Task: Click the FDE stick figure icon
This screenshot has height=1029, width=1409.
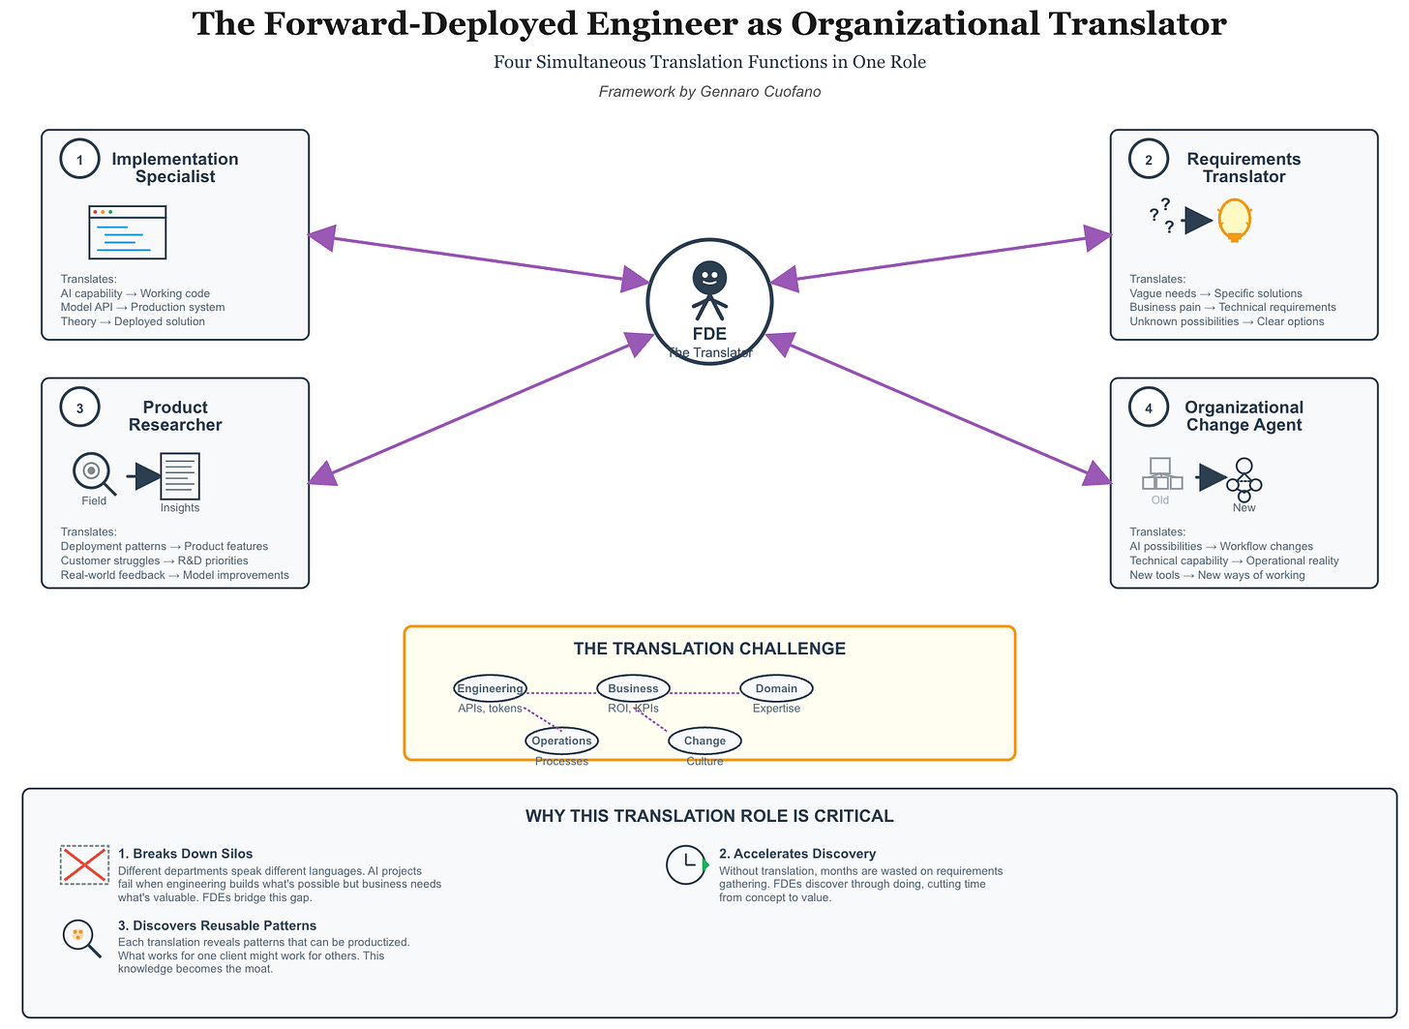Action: [x=709, y=289]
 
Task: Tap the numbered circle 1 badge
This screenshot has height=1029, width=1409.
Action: [x=79, y=160]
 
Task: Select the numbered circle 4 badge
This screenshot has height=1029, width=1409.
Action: [x=1149, y=408]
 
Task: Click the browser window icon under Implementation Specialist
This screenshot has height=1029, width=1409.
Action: [x=127, y=232]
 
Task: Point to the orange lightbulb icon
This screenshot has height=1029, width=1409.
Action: [x=1235, y=220]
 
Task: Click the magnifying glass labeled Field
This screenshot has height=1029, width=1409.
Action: [x=92, y=472]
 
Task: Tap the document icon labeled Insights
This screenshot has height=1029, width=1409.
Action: [x=180, y=476]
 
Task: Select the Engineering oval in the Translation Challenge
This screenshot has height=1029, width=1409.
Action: [x=490, y=688]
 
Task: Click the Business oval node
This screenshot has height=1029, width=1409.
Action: [x=633, y=688]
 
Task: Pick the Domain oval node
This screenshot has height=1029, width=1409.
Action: [x=776, y=688]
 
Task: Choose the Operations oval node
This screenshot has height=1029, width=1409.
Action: [x=561, y=741]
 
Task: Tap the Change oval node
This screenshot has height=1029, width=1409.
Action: [x=704, y=741]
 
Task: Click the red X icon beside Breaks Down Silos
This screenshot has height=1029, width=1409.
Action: [x=84, y=864]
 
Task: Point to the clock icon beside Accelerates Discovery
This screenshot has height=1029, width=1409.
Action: [x=686, y=864]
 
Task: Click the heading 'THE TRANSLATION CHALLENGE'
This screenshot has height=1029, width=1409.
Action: [x=709, y=649]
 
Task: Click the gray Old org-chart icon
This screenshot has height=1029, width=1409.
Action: [x=1161, y=474]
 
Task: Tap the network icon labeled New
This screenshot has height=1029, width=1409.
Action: [x=1244, y=478]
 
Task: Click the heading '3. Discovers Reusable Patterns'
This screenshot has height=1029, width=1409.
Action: [x=217, y=925]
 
